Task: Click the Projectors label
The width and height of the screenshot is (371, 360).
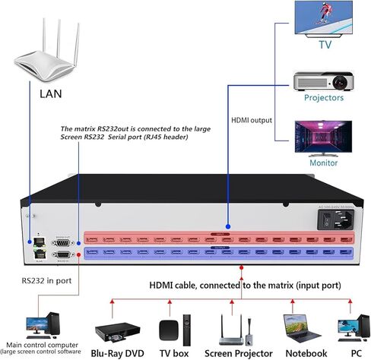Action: coord(325,97)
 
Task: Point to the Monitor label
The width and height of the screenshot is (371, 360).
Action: coord(324,163)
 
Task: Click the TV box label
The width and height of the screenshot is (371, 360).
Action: coord(174,353)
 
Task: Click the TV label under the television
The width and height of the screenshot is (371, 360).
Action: coord(325,45)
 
